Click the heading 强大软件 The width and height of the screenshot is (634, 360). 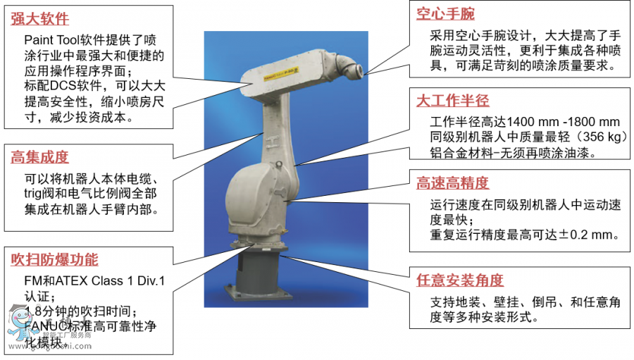point(39,19)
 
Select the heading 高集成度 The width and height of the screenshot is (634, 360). point(39,157)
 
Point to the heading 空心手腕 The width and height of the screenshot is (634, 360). point(445,13)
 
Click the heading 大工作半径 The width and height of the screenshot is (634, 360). point(452,99)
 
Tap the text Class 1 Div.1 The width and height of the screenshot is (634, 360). point(129,281)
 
